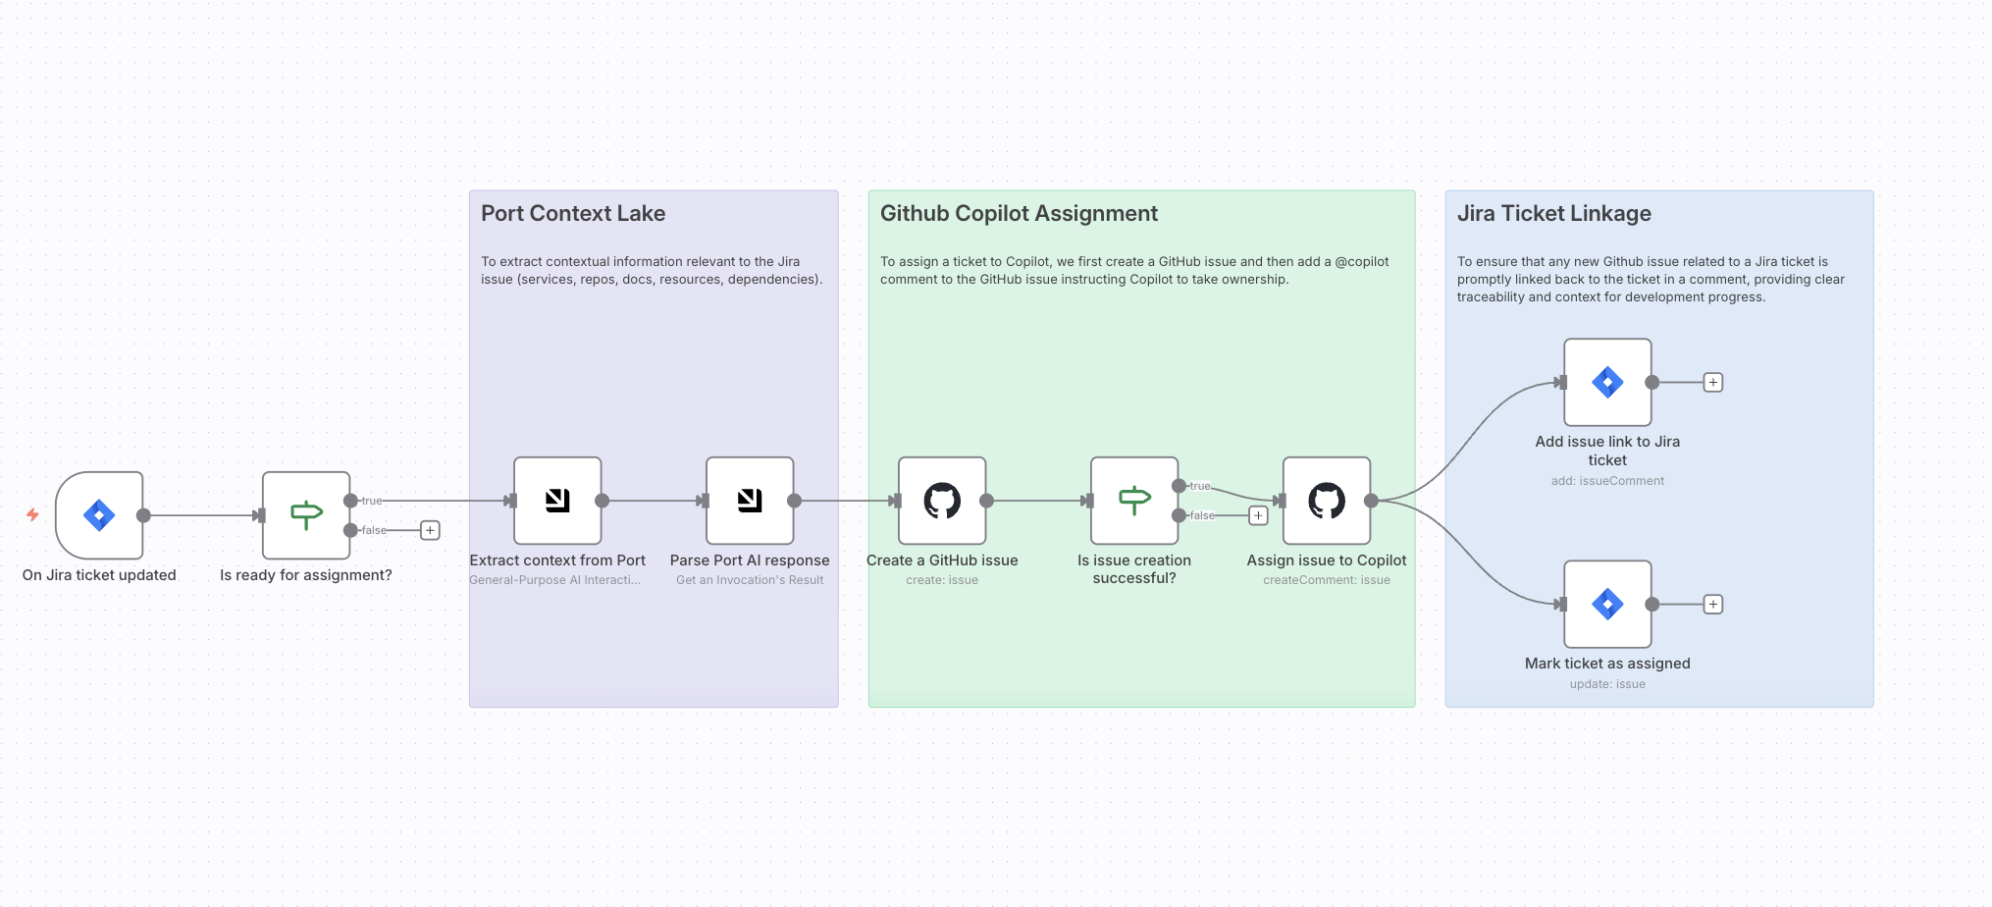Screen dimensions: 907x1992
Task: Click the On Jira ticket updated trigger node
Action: pyautogui.click(x=99, y=515)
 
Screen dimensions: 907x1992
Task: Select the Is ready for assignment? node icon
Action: pyautogui.click(x=306, y=515)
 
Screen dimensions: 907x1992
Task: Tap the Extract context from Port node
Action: pyautogui.click(x=557, y=501)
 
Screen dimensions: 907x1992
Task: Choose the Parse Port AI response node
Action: pyautogui.click(x=750, y=501)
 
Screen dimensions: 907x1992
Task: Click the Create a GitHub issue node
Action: pyautogui.click(x=942, y=501)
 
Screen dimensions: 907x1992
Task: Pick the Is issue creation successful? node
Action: pyautogui.click(x=1134, y=501)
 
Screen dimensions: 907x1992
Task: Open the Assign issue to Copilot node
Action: pyautogui.click(x=1327, y=501)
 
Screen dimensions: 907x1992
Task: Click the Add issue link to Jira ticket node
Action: pyautogui.click(x=1607, y=382)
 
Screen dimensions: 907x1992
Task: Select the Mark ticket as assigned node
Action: pyautogui.click(x=1607, y=604)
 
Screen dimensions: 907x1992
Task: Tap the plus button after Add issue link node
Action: pyautogui.click(x=1713, y=383)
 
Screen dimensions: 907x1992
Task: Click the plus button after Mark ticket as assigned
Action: pyautogui.click(x=1713, y=605)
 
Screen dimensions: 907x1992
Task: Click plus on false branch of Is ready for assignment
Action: pyautogui.click(x=430, y=530)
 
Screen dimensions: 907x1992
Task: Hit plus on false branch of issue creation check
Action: pyautogui.click(x=1258, y=515)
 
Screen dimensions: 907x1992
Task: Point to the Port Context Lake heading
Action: pyautogui.click(x=573, y=214)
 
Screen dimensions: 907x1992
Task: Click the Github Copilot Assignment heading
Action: pyautogui.click(x=1019, y=214)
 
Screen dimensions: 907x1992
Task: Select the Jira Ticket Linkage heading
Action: pyautogui.click(x=1553, y=214)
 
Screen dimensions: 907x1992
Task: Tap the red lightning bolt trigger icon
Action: pyautogui.click(x=32, y=514)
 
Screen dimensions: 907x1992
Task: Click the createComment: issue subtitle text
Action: pyautogui.click(x=1327, y=580)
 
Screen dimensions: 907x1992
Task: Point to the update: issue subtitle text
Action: pyautogui.click(x=1607, y=684)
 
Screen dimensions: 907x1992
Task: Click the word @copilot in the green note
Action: pyautogui.click(x=1362, y=262)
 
